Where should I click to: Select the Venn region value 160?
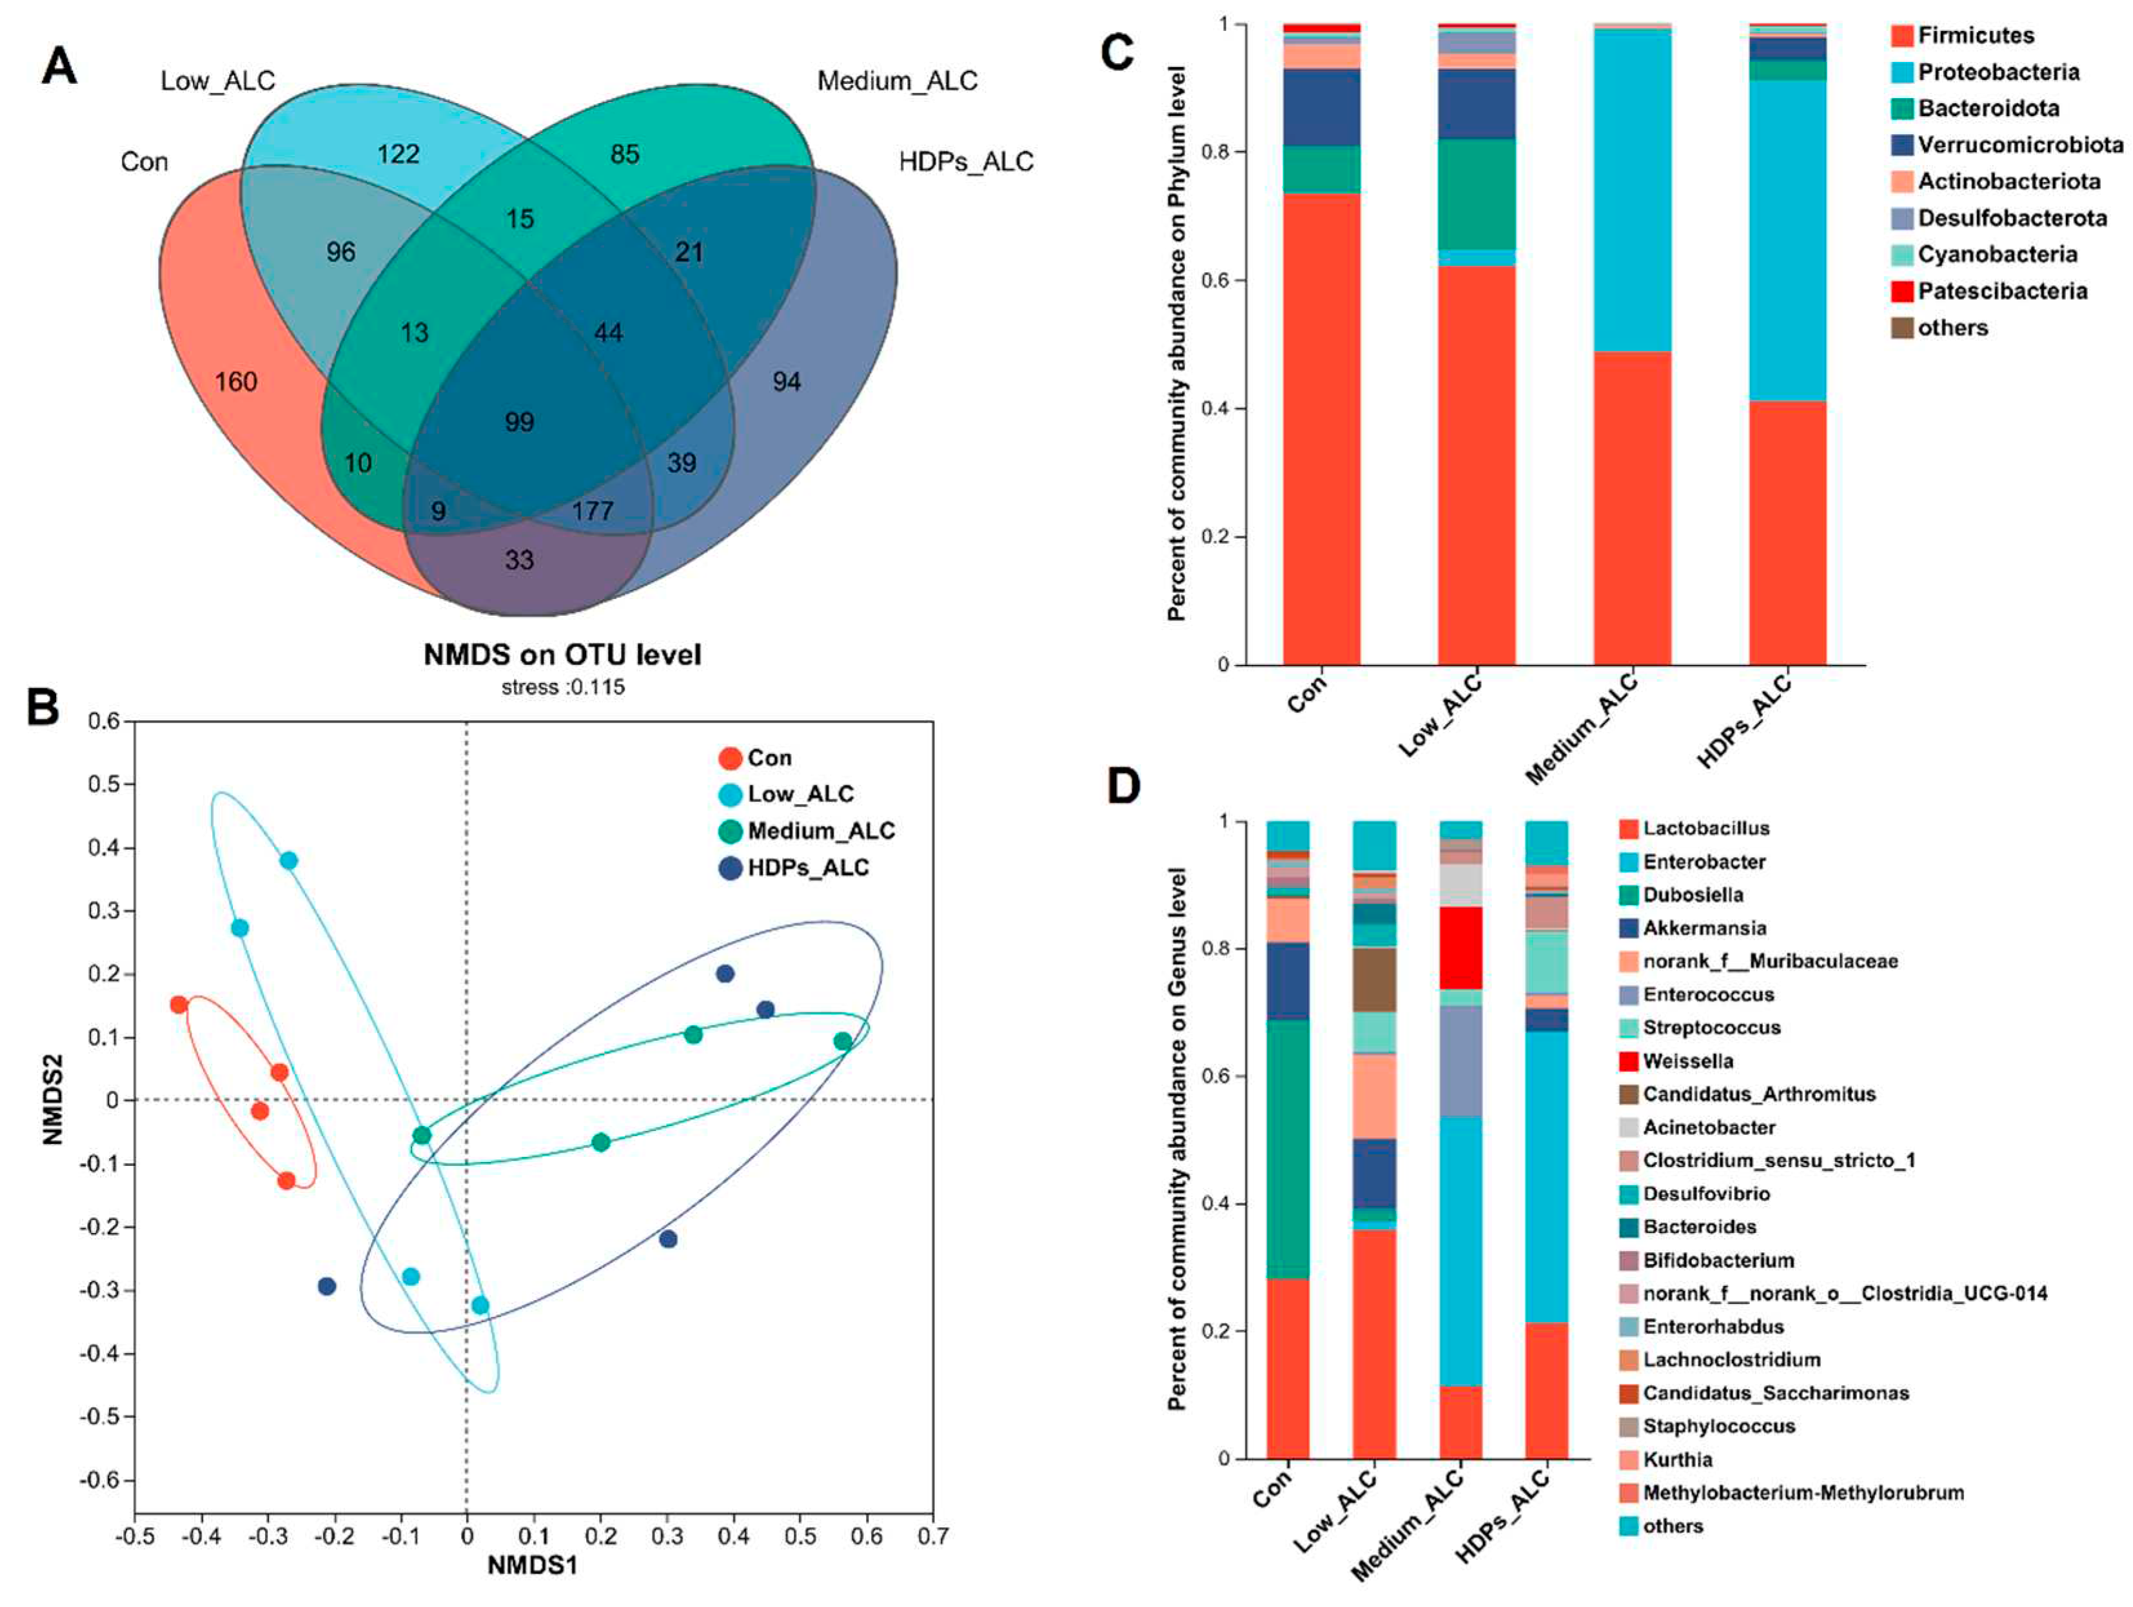click(236, 382)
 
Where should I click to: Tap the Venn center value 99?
click(519, 422)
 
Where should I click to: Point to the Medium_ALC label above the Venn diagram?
click(897, 81)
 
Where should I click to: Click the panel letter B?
click(43, 707)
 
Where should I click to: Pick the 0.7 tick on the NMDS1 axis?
click(932, 1535)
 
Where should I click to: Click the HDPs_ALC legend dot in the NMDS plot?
click(731, 868)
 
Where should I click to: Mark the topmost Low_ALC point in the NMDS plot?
click(288, 860)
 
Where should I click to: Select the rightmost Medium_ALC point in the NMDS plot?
click(843, 1041)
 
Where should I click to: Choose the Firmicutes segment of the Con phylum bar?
click(1321, 429)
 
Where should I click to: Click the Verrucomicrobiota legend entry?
click(2020, 144)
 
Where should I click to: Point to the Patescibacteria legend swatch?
click(1902, 291)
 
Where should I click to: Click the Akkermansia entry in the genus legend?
click(1704, 928)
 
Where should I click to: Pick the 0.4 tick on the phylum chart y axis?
click(1214, 408)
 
